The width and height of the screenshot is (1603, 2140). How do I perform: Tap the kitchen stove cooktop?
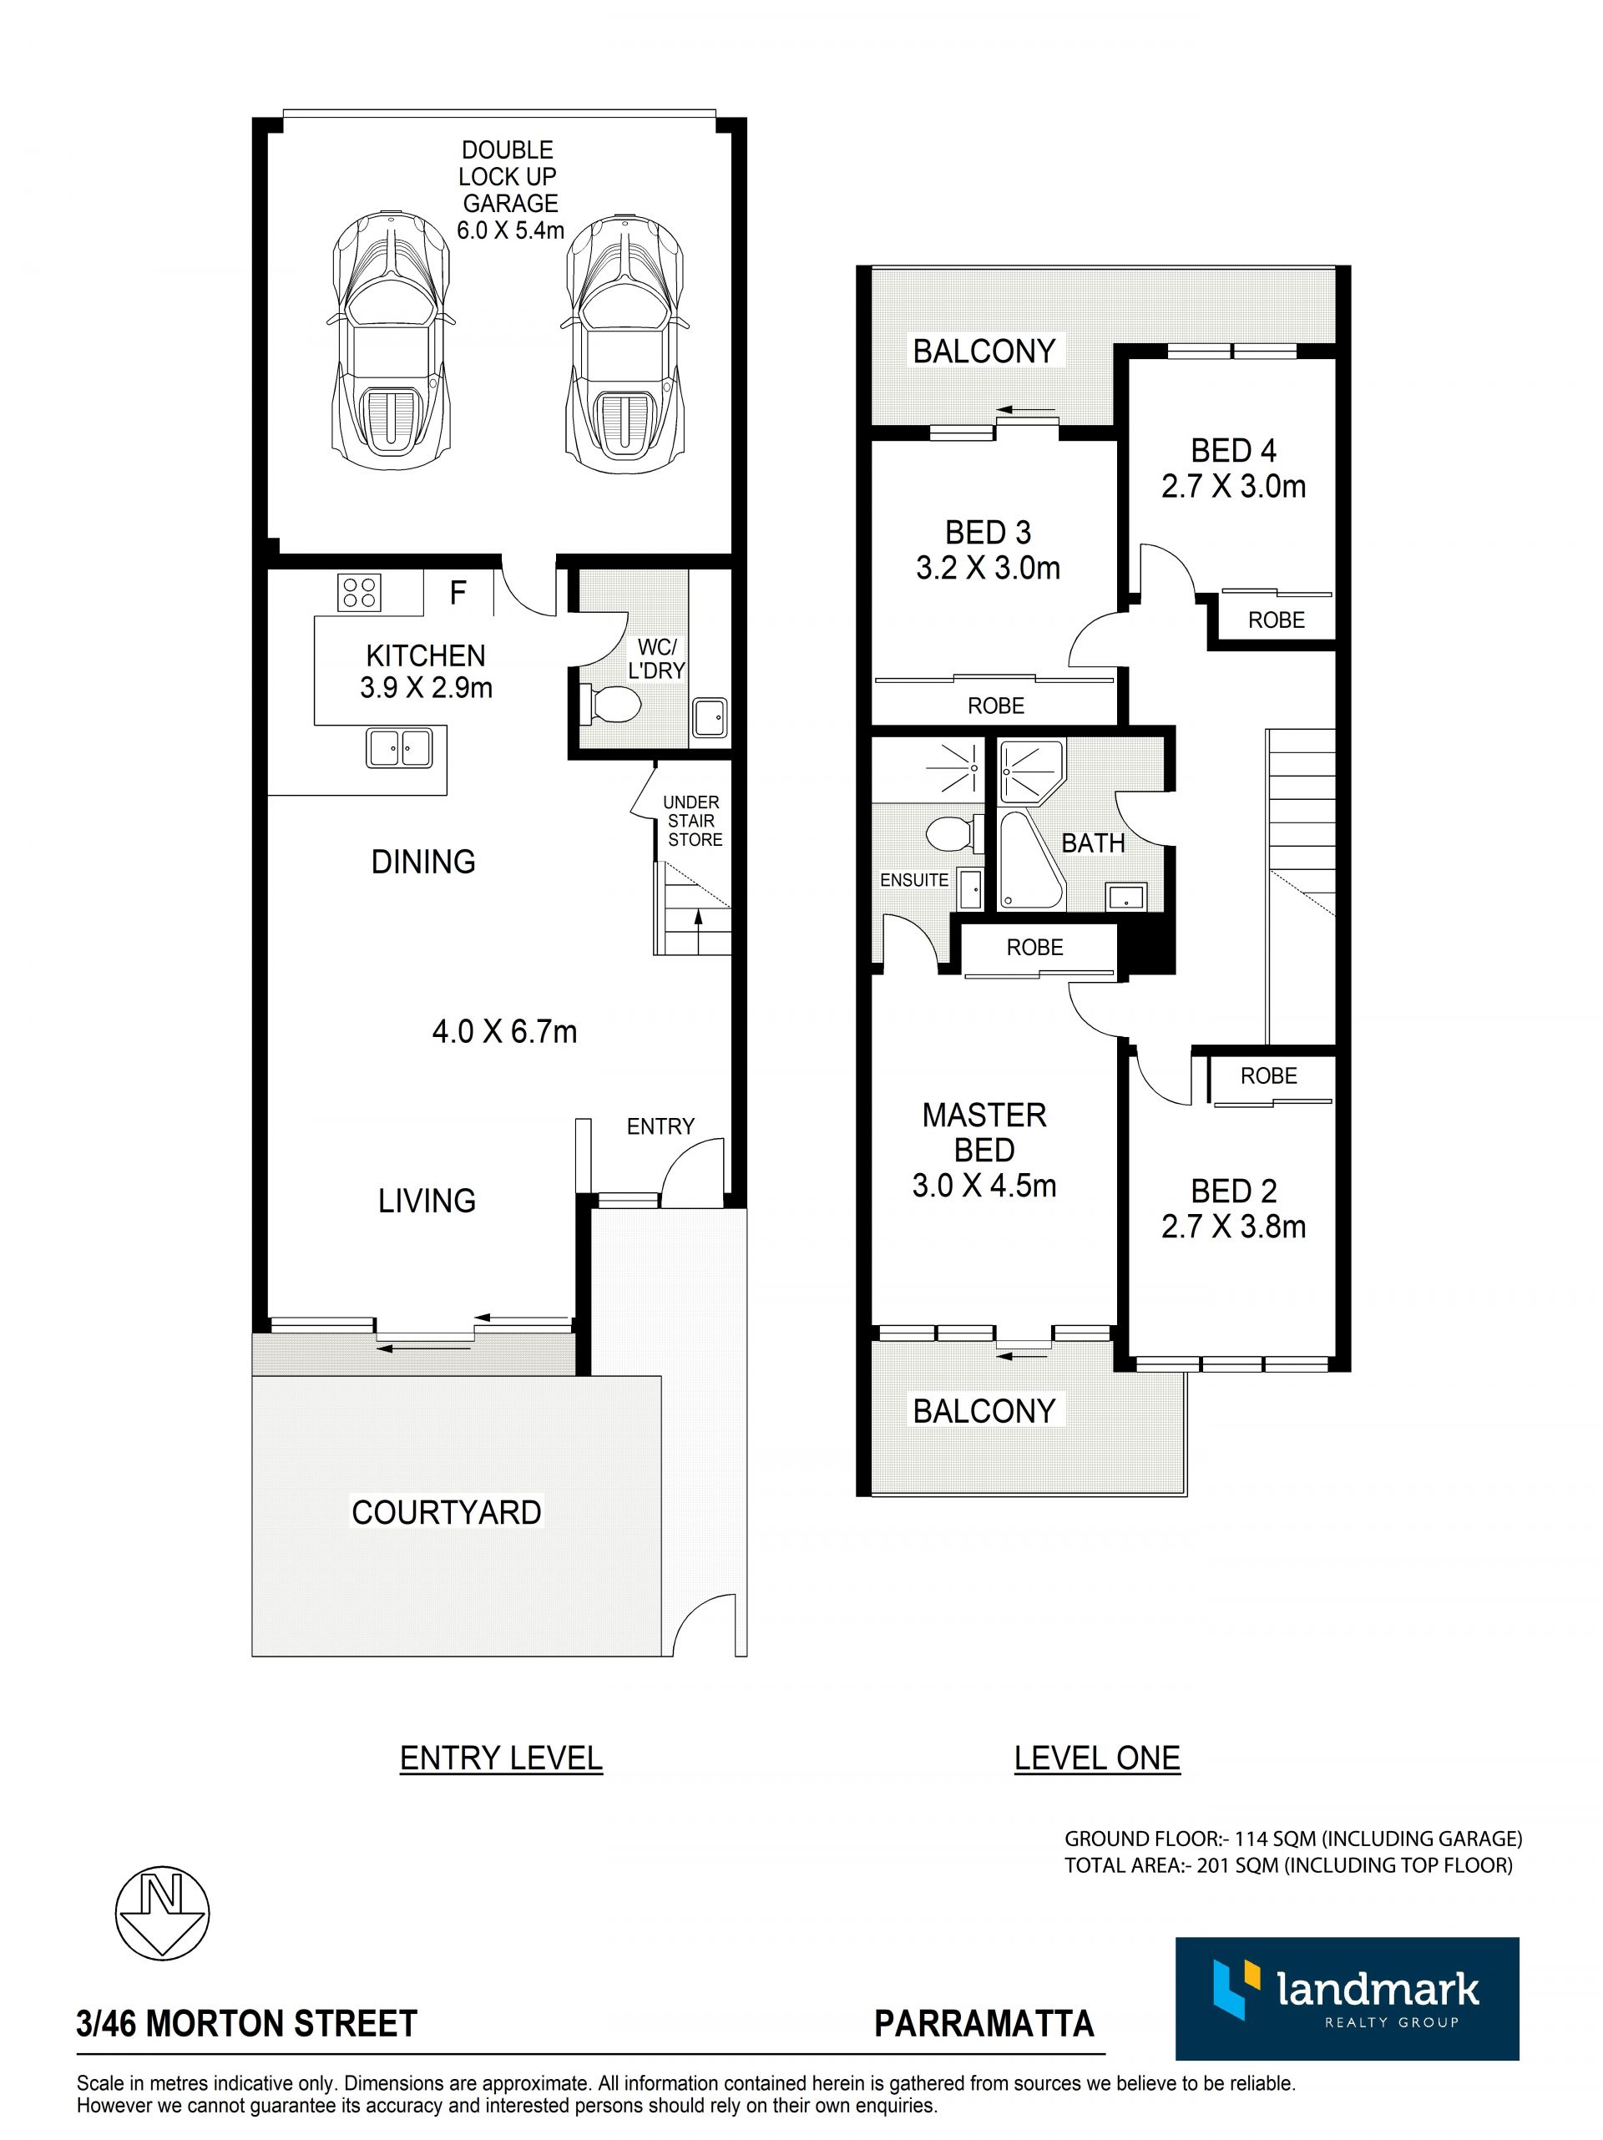359,592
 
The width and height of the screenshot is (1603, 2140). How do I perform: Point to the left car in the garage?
390,335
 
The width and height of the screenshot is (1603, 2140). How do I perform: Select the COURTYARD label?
446,1511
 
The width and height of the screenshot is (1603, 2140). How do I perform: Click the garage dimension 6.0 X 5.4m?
511,230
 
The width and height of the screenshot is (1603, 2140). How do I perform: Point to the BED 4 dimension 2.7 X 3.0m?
1233,486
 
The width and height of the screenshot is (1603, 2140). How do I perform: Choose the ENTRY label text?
660,1126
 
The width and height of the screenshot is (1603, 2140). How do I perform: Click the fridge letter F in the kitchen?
458,592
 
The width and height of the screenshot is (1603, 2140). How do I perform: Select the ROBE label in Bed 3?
995,706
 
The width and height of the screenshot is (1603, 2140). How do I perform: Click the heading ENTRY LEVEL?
501,1758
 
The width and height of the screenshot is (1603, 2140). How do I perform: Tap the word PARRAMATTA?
984,2023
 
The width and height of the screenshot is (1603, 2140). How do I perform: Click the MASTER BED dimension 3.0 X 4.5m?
984,1185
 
